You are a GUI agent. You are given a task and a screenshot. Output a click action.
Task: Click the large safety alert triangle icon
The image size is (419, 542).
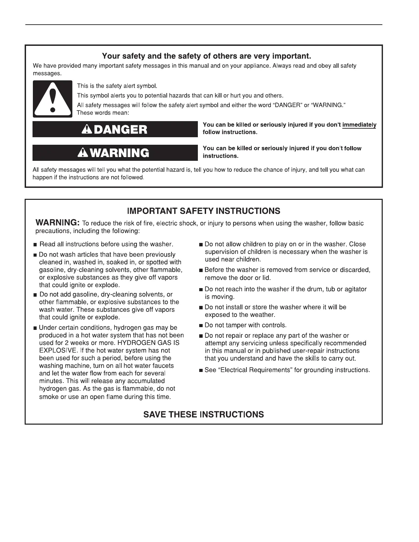[52, 99]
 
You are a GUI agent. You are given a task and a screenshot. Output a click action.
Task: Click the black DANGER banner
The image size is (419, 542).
[115, 129]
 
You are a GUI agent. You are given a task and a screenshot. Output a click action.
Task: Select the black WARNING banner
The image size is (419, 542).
[115, 153]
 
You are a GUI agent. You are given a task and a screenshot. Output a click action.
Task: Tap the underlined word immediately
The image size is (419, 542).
[359, 125]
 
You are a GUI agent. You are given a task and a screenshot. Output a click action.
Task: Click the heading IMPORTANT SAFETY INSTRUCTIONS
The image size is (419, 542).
[203, 211]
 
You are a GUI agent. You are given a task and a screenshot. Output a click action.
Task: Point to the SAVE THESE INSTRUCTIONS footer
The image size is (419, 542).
[203, 414]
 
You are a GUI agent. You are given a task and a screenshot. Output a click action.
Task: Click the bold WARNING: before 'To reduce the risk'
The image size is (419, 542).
[58, 222]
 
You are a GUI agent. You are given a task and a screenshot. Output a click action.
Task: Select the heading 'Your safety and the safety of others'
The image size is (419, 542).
[206, 55]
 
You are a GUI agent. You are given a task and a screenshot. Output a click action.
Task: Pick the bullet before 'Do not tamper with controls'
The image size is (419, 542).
[201, 326]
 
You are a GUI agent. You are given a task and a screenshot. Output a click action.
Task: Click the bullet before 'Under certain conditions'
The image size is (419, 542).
[35, 328]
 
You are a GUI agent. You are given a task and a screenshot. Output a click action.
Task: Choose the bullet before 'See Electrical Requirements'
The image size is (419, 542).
[201, 371]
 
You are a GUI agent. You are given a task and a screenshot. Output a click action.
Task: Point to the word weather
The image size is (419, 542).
[263, 315]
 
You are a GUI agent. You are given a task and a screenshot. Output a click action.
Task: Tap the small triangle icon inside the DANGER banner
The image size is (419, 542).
[87, 129]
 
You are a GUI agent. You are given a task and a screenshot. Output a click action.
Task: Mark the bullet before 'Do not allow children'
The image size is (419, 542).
[201, 245]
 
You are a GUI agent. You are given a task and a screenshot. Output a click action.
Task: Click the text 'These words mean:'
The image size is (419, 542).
[103, 113]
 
